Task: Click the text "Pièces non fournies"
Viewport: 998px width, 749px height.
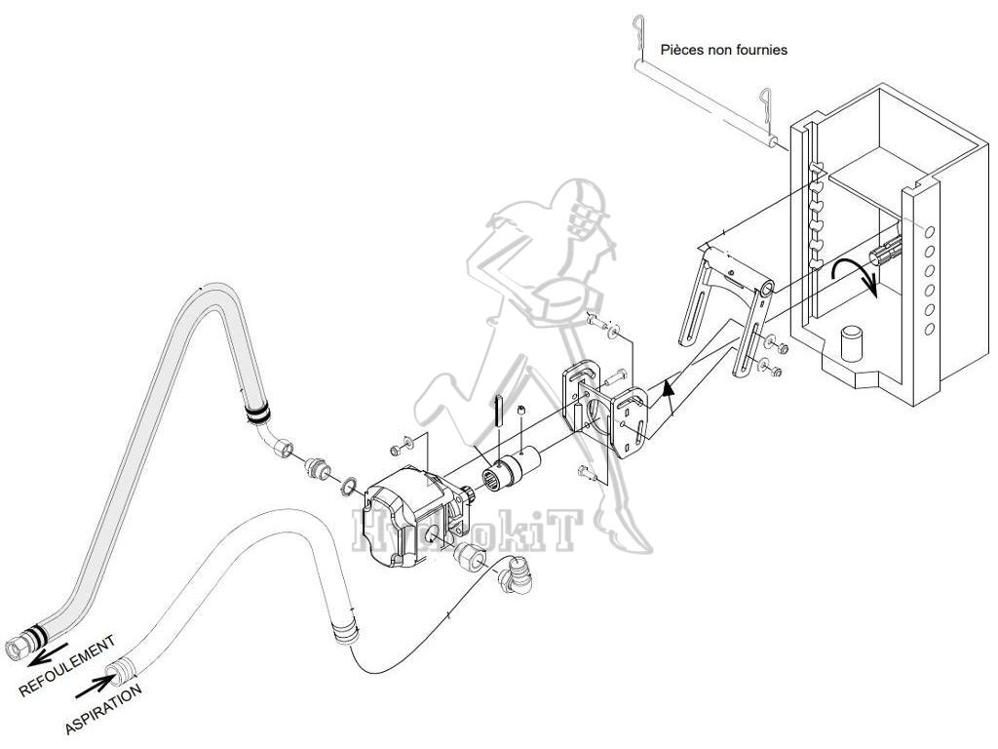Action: click(723, 49)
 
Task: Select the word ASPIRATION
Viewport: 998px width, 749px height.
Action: click(103, 709)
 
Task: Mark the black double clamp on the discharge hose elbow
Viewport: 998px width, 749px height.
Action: click(257, 414)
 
